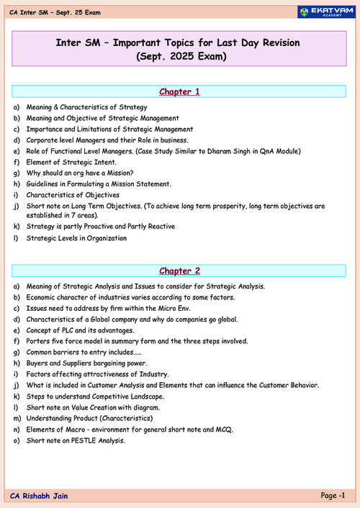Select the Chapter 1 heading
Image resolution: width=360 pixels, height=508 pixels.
[x=180, y=92]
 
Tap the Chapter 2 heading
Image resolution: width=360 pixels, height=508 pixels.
[x=180, y=271]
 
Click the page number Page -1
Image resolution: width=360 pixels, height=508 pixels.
[x=333, y=495]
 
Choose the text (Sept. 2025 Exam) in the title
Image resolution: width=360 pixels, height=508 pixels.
[x=180, y=58]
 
